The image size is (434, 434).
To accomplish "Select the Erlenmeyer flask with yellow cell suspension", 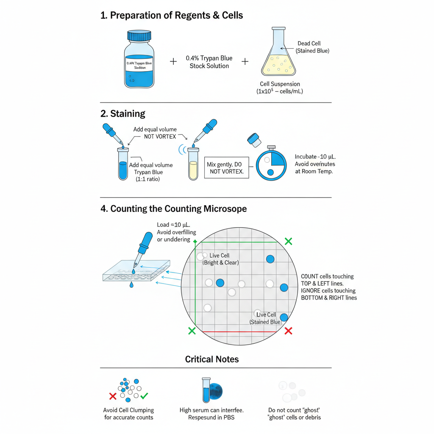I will [278, 55].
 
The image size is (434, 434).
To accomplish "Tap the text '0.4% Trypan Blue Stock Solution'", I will [209, 62].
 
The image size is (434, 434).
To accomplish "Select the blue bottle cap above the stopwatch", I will [253, 139].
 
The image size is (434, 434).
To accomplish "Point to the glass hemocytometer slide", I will [136, 271].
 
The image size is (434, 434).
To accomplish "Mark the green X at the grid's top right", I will [289, 241].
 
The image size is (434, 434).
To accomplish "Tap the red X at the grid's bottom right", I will [289, 331].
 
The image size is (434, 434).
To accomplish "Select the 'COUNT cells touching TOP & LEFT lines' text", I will [327, 280].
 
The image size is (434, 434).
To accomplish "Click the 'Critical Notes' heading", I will [212, 359].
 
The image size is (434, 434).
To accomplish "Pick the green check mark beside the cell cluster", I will [144, 396].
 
